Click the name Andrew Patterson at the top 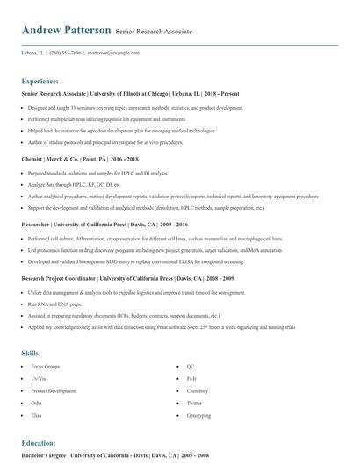point(67,31)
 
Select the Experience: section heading point(46,80)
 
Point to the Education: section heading point(39,443)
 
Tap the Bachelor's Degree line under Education point(116,457)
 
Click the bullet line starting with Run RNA point(49,302)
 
